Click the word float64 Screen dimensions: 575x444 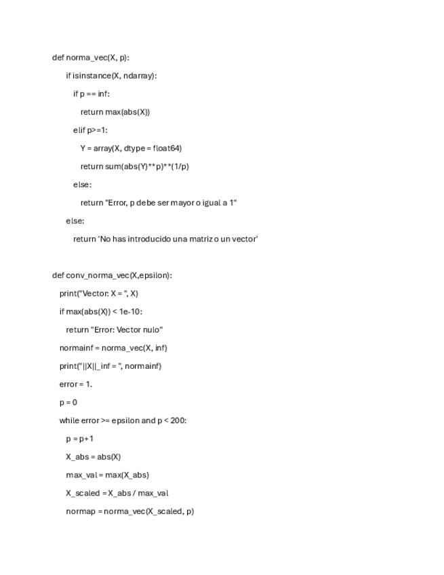point(166,148)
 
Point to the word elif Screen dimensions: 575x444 point(79,130)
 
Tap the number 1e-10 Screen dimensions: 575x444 point(129,311)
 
